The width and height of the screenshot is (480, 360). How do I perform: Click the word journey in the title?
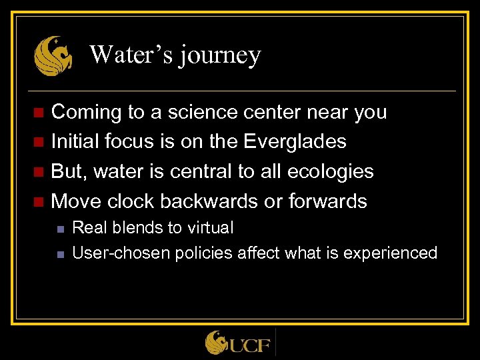tap(221, 55)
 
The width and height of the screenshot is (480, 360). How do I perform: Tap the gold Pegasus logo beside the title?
tap(53, 55)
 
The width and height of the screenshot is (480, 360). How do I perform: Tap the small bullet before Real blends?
tap(59, 229)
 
